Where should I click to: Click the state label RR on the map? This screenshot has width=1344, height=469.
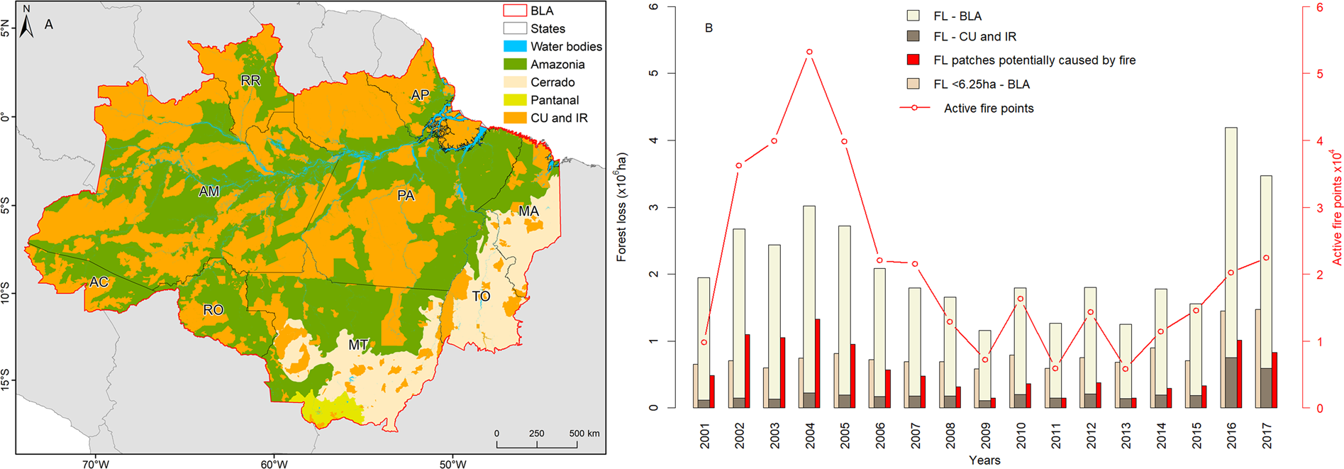[250, 81]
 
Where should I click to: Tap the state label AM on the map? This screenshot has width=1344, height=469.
[209, 192]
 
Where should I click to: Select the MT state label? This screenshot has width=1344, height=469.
[358, 345]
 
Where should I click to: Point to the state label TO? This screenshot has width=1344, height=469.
[481, 296]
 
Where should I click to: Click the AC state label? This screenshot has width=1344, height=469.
[99, 282]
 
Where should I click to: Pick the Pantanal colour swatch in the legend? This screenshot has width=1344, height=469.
[515, 100]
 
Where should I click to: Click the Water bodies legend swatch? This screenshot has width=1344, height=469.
[515, 46]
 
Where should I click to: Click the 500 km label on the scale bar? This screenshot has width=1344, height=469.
[584, 434]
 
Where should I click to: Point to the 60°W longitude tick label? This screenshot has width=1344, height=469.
[274, 465]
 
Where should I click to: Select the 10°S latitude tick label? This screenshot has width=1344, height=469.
[6, 292]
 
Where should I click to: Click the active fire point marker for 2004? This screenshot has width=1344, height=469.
[809, 52]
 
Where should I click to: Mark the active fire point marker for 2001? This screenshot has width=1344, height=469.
[704, 343]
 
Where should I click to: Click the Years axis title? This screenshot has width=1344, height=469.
[984, 460]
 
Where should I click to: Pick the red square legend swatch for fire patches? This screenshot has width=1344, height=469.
[913, 60]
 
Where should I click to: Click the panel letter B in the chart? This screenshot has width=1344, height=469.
[709, 28]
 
